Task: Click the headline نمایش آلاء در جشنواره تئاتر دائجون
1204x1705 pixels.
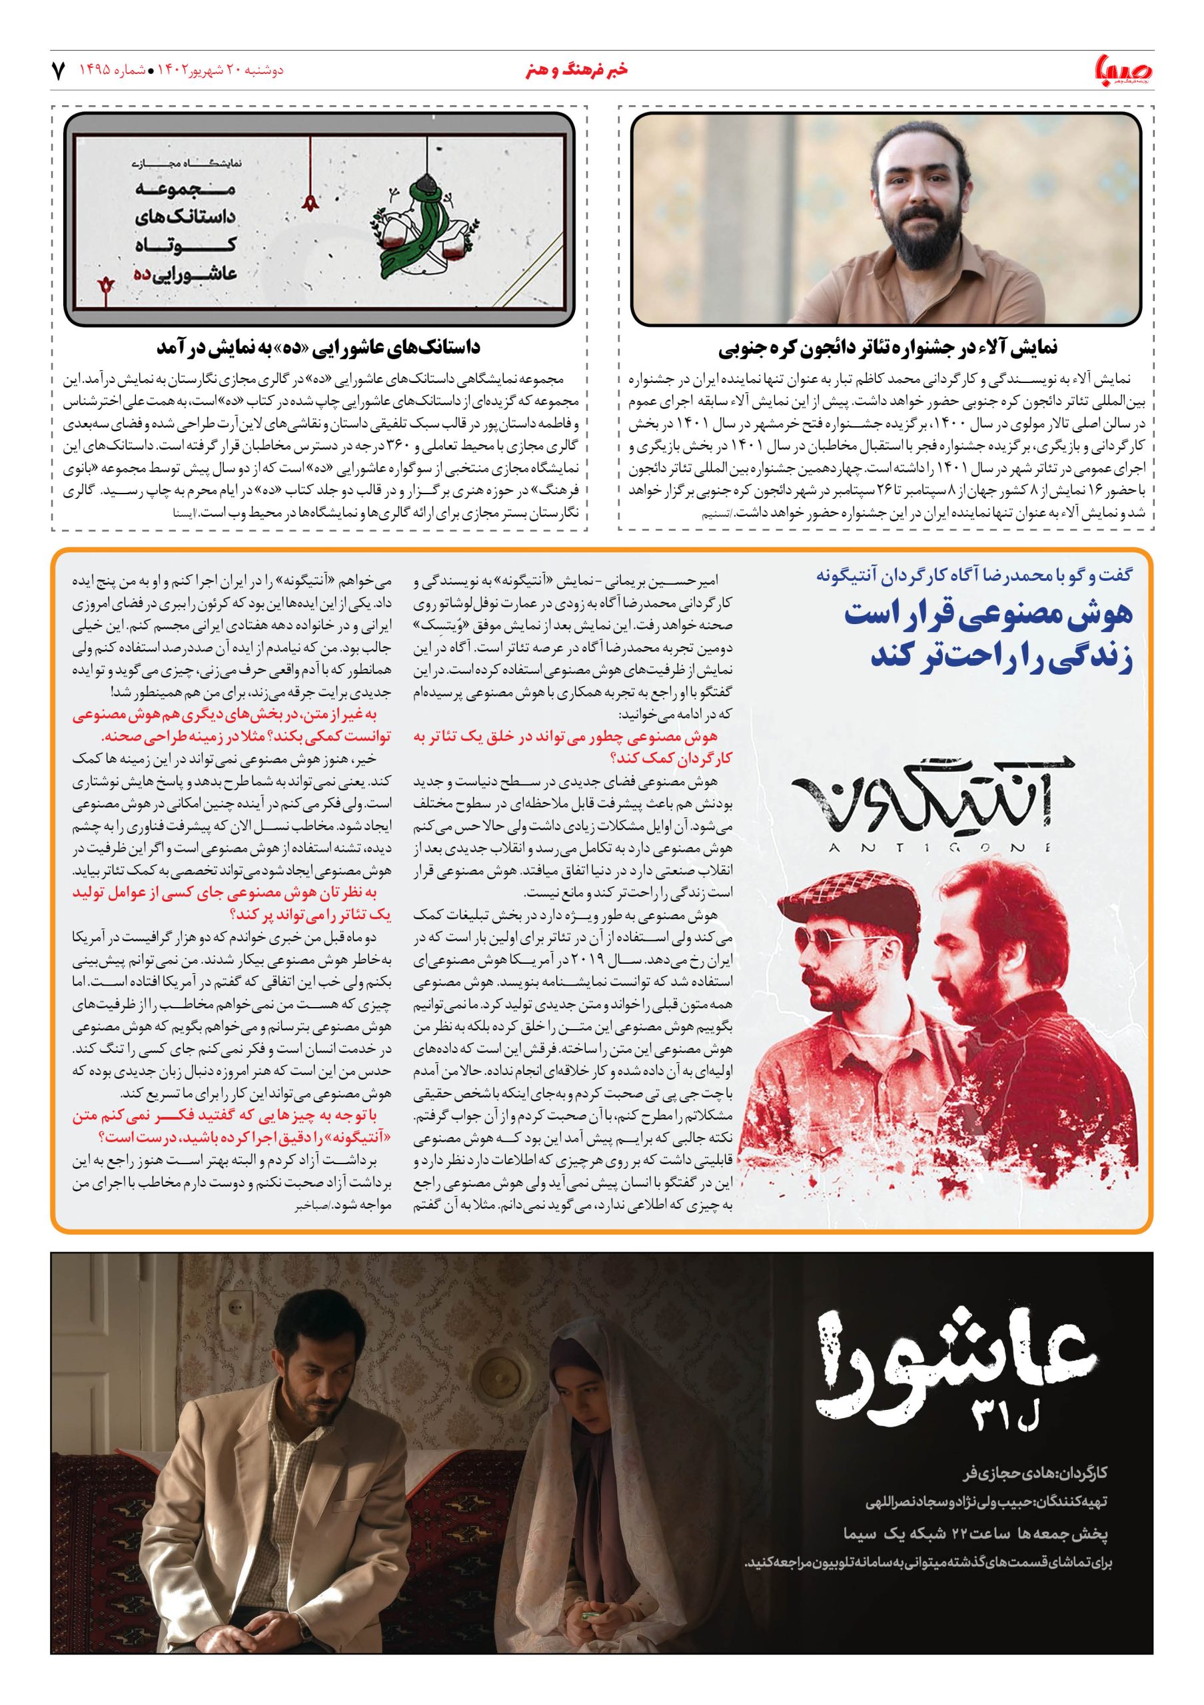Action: click(888, 348)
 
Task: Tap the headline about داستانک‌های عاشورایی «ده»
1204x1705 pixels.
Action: click(318, 348)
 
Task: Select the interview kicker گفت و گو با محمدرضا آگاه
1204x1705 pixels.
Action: click(973, 575)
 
